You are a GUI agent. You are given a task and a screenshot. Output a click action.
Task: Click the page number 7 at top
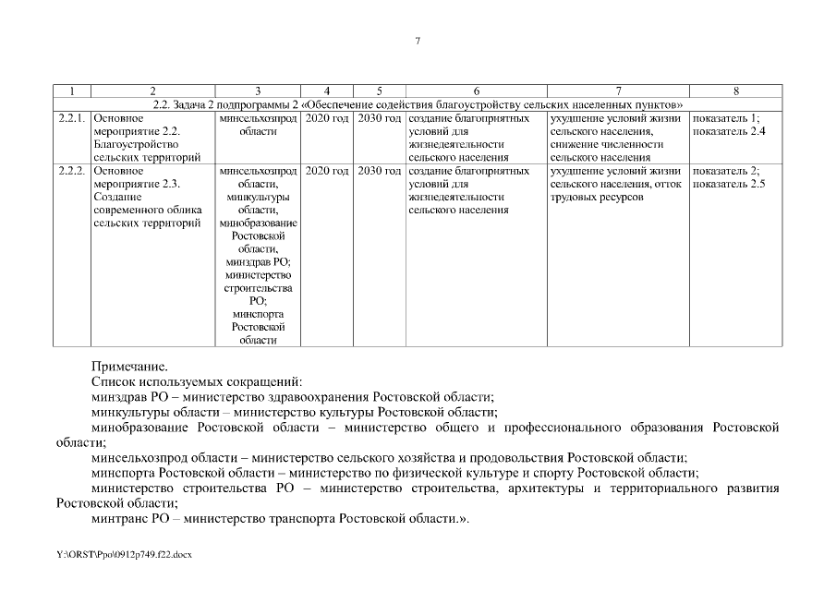coord(418,41)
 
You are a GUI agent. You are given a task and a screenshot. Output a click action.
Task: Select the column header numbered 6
coord(476,91)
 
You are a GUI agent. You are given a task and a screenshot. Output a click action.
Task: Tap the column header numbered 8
coord(735,91)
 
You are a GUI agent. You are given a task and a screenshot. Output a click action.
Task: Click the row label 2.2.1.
coord(72,118)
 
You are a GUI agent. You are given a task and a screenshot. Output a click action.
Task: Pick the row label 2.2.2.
coord(72,171)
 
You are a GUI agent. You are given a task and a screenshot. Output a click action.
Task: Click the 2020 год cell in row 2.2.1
coord(326,118)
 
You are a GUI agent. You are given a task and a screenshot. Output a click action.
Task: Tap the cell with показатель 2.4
coord(728,131)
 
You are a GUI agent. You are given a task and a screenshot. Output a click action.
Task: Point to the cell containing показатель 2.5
coord(728,184)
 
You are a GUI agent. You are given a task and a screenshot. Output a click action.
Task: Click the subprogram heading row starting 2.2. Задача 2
coord(418,104)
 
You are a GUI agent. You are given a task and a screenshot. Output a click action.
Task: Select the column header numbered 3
coord(258,91)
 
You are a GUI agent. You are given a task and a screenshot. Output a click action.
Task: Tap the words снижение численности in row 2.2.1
coord(606,145)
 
